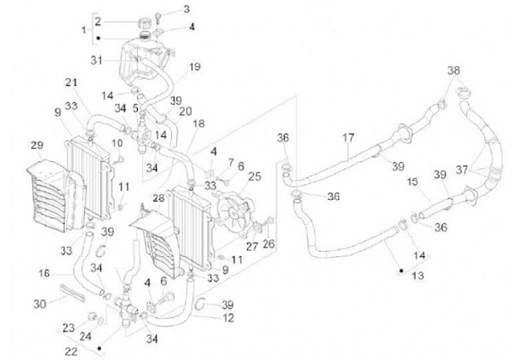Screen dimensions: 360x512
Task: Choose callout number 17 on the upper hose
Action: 348,139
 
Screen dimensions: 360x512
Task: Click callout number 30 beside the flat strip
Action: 40,303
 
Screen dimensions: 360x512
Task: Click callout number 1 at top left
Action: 85,30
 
